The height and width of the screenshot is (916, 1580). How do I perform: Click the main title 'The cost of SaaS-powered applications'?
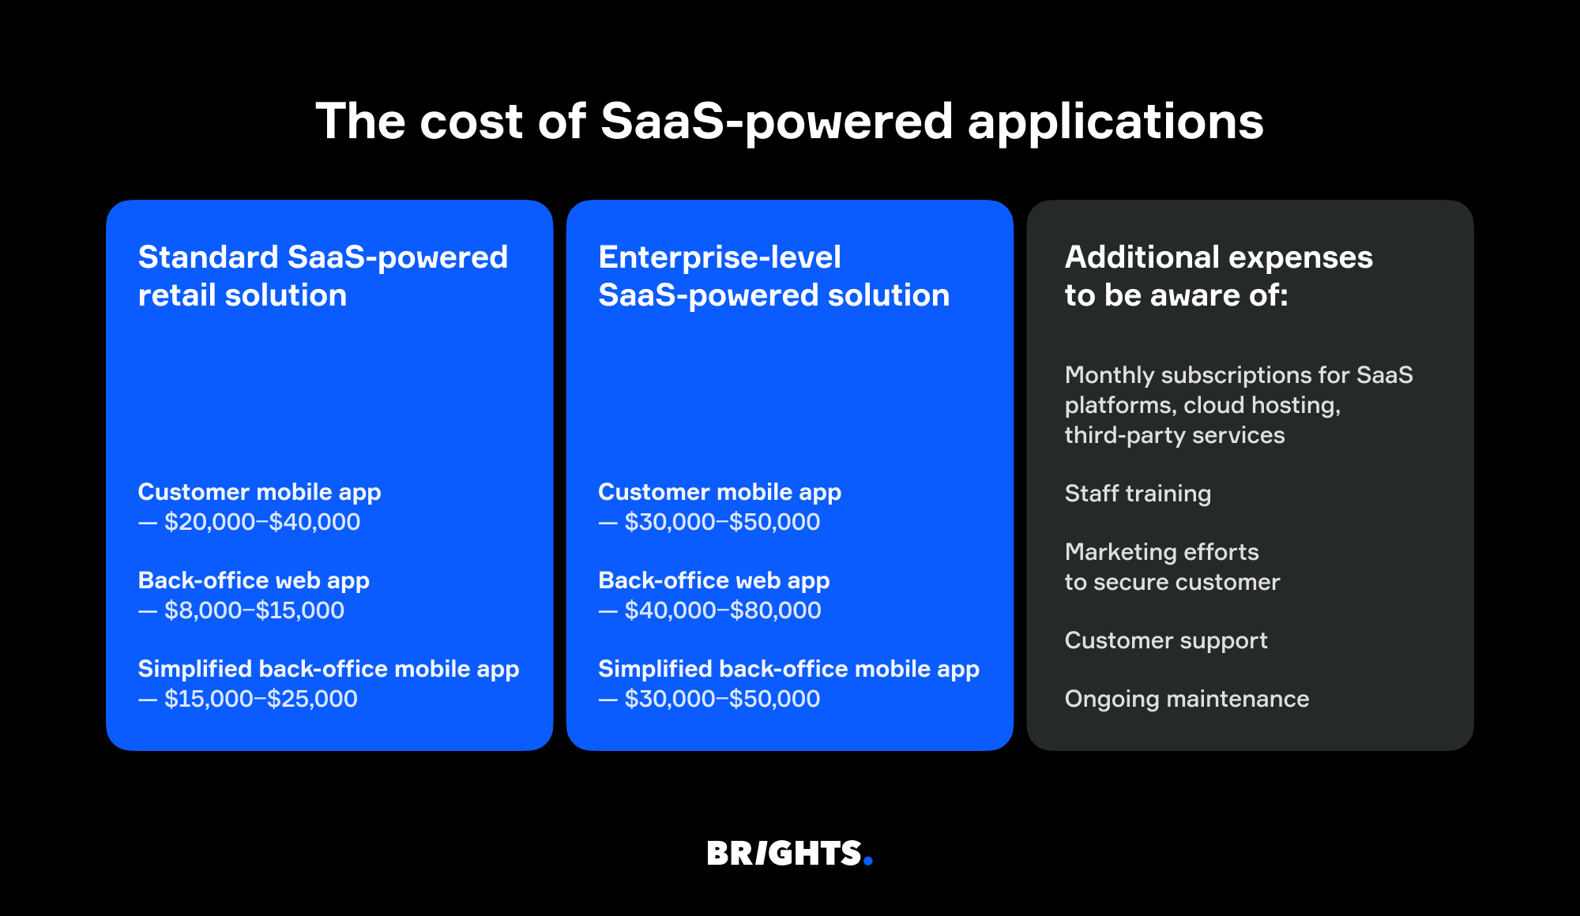point(790,122)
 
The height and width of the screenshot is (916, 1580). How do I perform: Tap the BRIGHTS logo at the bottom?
point(784,854)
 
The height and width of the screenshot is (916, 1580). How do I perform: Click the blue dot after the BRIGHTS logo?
point(868,862)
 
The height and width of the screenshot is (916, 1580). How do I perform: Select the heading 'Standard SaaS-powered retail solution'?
point(322,276)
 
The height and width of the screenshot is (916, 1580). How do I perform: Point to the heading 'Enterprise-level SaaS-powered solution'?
point(773,276)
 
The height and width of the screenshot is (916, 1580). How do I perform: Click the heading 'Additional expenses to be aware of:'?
point(1217,276)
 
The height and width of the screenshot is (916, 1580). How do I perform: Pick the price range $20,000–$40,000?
point(261,522)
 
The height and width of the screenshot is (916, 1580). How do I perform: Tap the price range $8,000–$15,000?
point(254,610)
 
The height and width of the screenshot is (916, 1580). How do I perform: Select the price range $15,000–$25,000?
point(260,699)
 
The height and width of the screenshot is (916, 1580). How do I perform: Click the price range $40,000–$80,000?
point(722,610)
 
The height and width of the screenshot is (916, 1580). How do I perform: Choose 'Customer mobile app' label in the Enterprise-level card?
point(719,492)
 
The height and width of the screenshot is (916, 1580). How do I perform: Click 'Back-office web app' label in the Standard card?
point(254,580)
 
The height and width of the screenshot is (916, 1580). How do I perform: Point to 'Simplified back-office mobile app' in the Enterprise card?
point(788,669)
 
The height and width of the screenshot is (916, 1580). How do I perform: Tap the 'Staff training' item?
point(1138,494)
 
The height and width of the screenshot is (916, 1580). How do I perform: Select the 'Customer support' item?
point(1165,640)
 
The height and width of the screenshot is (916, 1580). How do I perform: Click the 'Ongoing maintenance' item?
point(1187,699)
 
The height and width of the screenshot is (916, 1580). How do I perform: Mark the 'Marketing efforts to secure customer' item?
point(1172,567)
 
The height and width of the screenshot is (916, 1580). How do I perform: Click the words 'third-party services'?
point(1174,435)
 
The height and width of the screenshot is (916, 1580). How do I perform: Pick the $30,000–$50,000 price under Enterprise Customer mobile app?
point(721,522)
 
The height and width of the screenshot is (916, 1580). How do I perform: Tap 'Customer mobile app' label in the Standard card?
point(259,492)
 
